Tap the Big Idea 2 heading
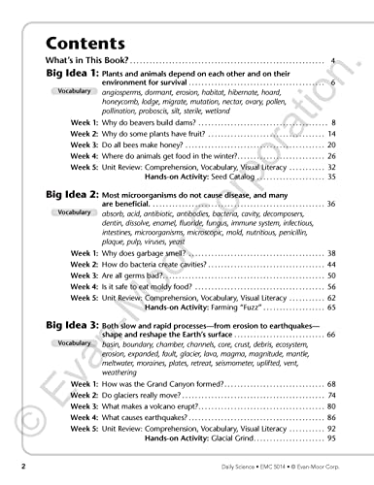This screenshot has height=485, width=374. (71, 194)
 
